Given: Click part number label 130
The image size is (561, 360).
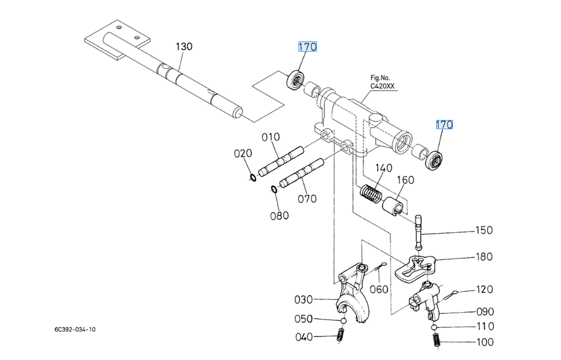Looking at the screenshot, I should [x=183, y=47].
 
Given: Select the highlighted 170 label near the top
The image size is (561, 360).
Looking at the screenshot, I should [x=308, y=47].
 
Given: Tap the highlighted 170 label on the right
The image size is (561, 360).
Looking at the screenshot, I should [x=444, y=125].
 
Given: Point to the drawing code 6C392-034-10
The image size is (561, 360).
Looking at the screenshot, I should [x=75, y=329].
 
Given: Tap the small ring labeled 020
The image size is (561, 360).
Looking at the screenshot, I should [x=252, y=178].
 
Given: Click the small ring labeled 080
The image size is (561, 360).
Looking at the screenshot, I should [x=274, y=189].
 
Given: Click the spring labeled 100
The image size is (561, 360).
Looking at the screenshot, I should [x=437, y=341].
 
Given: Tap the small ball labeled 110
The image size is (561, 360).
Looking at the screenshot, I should [x=434, y=327].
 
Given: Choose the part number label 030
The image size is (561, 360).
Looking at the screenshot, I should [x=304, y=299].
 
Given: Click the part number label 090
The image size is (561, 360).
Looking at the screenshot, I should [x=485, y=311].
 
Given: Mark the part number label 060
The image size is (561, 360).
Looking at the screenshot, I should [x=379, y=290].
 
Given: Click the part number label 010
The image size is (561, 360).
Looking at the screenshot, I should [x=271, y=137].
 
